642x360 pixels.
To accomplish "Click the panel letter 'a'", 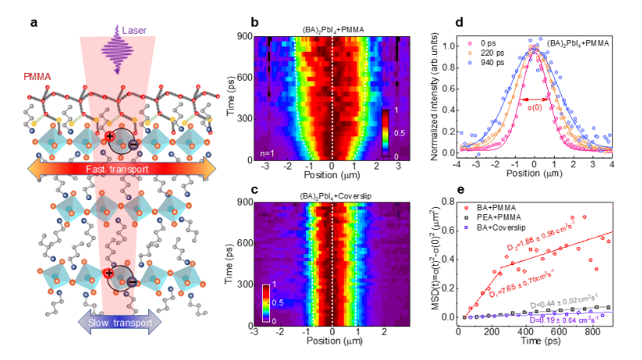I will click(x=34, y=21).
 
